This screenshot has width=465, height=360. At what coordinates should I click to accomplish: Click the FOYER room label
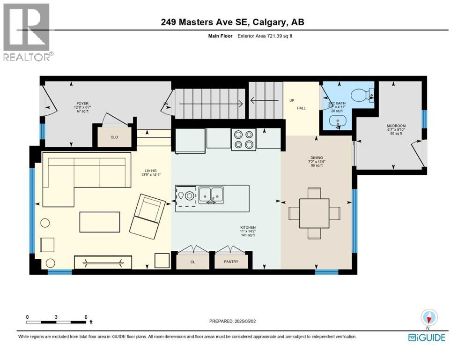tap(82, 104)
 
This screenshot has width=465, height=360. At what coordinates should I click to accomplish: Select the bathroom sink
tap(336, 122)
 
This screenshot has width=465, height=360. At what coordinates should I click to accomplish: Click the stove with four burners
tap(243, 139)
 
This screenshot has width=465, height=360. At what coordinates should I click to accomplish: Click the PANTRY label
tap(231, 262)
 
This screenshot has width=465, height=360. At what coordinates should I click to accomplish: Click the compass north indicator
tap(428, 318)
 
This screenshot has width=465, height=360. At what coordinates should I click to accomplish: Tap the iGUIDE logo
tap(427, 337)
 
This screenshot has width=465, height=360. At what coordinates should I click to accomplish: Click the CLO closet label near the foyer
tap(114, 138)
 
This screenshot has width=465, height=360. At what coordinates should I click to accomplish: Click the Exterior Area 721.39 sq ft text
tap(265, 36)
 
